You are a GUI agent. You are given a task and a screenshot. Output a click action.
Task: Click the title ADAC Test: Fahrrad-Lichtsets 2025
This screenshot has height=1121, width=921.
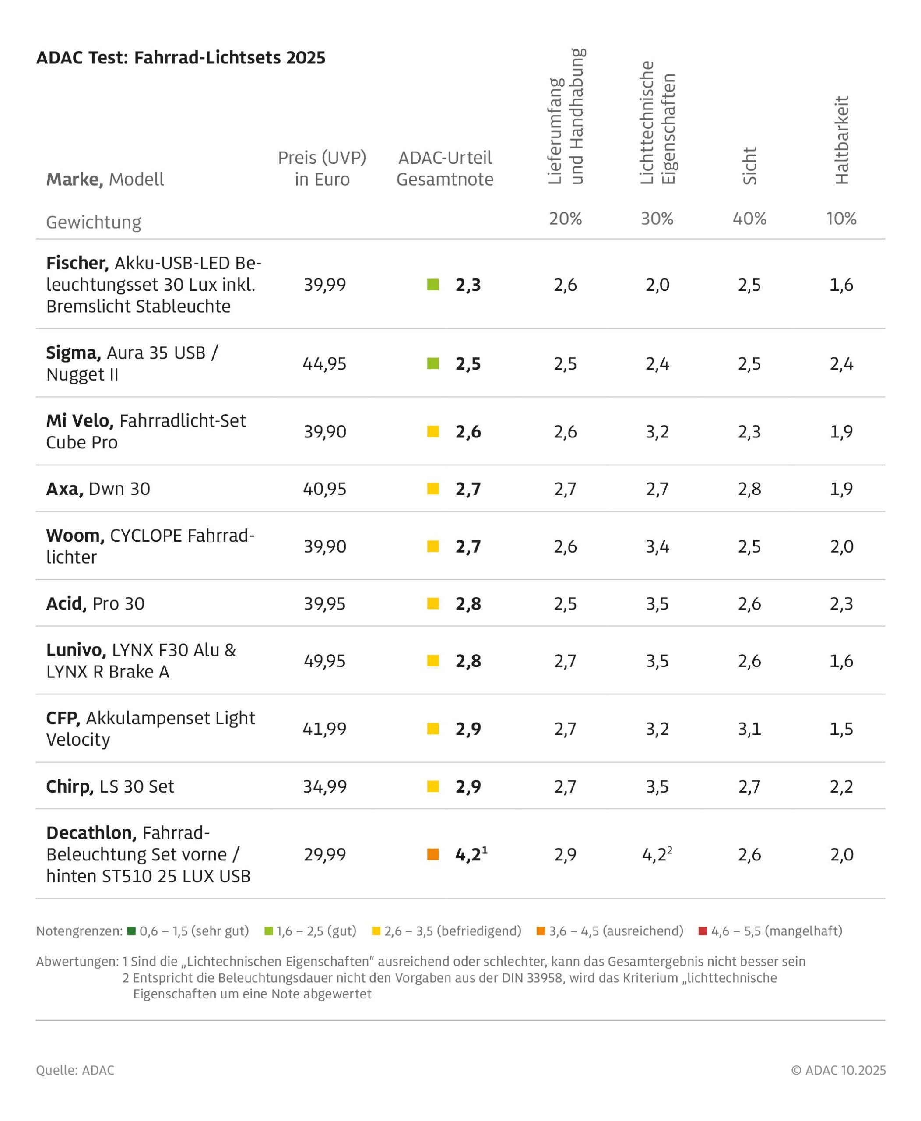[180, 57]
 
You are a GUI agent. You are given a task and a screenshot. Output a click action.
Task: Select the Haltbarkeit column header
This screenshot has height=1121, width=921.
[841, 140]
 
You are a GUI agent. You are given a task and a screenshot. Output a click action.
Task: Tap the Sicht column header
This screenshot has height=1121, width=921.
[749, 166]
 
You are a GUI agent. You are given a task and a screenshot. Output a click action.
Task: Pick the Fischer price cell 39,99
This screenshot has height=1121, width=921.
[324, 285]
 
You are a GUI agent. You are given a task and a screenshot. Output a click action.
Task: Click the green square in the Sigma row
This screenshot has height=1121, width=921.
[433, 363]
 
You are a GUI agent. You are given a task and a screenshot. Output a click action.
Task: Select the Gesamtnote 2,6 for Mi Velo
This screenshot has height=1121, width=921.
[468, 431]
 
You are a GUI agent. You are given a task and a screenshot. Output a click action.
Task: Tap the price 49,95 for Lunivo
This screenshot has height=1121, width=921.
[324, 661]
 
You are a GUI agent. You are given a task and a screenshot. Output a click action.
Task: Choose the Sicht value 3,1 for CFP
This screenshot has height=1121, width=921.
[749, 729]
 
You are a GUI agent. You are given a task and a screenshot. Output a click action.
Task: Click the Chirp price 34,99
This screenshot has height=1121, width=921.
[324, 786]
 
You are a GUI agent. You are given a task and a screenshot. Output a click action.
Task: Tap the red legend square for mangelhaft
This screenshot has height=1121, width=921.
[703, 931]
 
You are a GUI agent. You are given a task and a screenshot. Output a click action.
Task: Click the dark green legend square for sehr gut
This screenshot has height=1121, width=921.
[132, 931]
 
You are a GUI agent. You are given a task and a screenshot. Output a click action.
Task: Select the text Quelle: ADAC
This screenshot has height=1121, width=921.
[75, 1070]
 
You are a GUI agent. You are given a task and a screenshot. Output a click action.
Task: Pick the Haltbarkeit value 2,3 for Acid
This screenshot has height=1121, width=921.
[841, 603]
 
